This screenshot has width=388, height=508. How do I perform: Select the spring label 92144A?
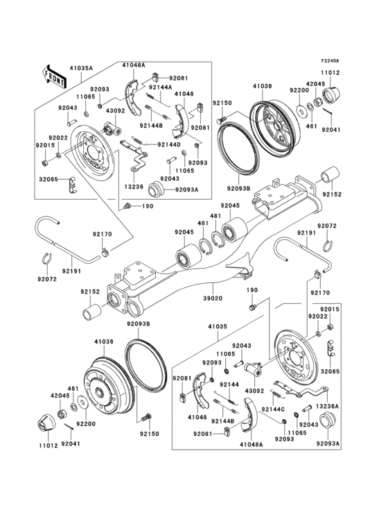click(161, 88)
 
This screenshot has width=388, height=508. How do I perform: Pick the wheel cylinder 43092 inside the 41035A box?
click(112, 128)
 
